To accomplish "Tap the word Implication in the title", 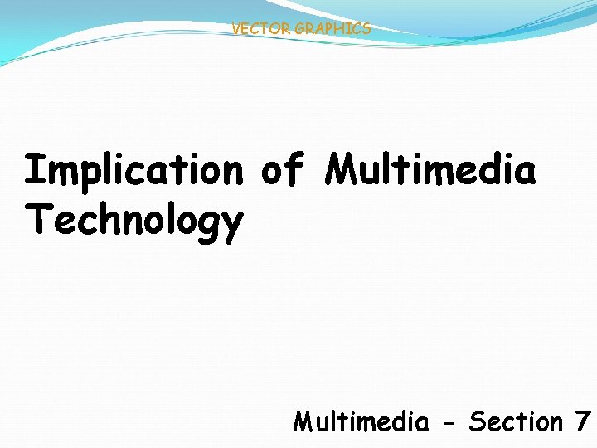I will click(133, 171).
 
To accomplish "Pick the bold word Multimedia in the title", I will click(430, 170).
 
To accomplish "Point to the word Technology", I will click(133, 222).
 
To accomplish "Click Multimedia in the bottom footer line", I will click(361, 422).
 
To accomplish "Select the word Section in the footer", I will click(515, 422).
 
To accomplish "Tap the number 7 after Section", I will click(582, 422).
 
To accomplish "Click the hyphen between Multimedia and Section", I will click(449, 424).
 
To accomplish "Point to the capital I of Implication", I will click(34, 170).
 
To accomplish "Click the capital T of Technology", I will click(36, 220).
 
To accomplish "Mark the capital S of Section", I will click(477, 422).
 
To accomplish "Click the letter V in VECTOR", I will click(236, 29).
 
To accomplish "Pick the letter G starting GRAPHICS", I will click(299, 29).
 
